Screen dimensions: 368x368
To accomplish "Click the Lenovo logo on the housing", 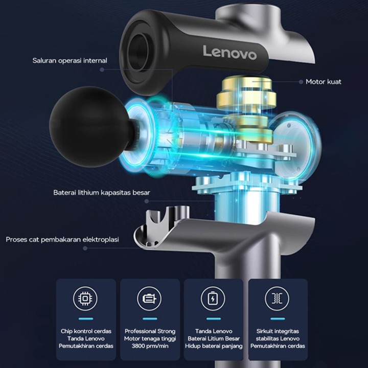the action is (x=230, y=53).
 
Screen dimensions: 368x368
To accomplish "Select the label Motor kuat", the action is (x=324, y=82).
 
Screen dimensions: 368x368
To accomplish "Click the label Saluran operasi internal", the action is (x=70, y=60).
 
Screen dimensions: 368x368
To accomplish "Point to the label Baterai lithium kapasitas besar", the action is (x=102, y=193).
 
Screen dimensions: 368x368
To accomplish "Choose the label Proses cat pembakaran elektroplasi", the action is (x=62, y=240).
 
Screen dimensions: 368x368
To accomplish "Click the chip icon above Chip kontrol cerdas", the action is (x=85, y=298).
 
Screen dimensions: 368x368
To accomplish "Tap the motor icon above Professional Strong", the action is (x=149, y=298).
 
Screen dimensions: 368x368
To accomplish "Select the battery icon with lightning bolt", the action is (x=213, y=298).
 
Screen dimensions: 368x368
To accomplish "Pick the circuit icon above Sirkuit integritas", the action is (x=277, y=298).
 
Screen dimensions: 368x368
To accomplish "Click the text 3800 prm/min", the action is (x=150, y=346).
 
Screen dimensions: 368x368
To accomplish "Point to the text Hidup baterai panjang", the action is (x=214, y=346).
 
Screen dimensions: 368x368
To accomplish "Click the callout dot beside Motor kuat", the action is (x=301, y=82).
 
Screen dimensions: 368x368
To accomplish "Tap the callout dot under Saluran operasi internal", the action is (x=102, y=70).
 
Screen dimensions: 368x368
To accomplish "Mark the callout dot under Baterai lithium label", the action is (x=147, y=201).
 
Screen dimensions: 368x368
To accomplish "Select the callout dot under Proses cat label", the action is (x=85, y=248).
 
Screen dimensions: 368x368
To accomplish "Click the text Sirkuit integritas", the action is (x=278, y=331).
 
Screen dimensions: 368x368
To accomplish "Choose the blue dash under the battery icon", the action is (x=214, y=319).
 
